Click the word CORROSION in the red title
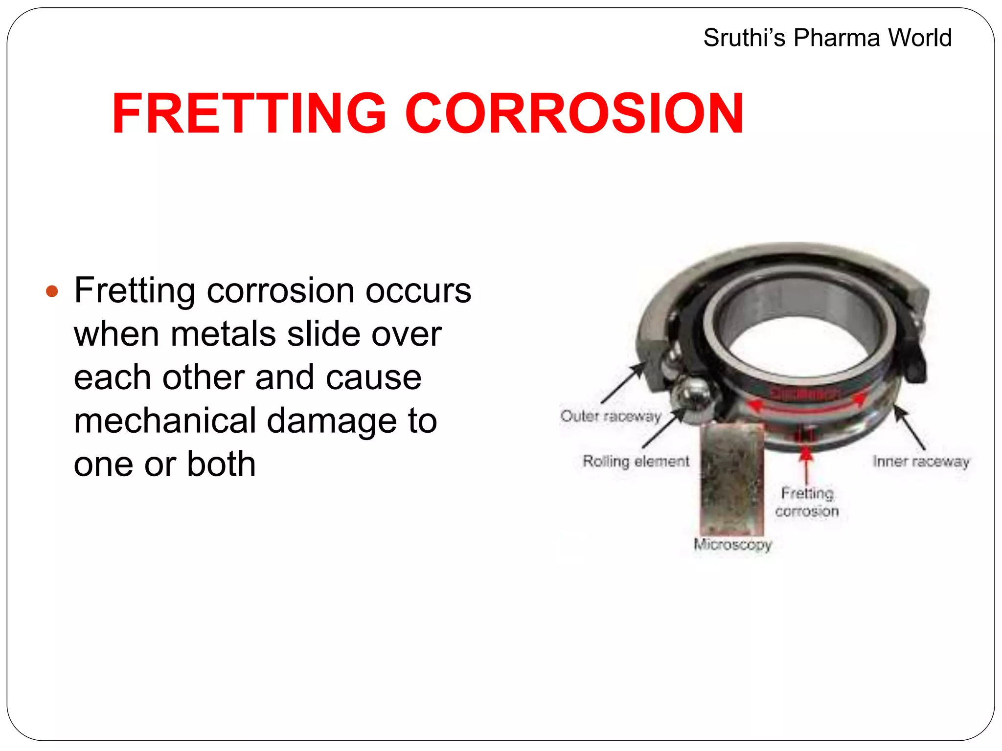pyautogui.click(x=574, y=113)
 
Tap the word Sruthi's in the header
pyautogui.click(x=744, y=38)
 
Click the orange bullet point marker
pyautogui.click(x=52, y=292)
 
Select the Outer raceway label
pyautogui.click(x=611, y=417)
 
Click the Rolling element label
pyautogui.click(x=636, y=461)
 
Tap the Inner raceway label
pyautogui.click(x=921, y=461)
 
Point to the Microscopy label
pyautogui.click(x=732, y=544)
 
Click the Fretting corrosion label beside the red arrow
pyautogui.click(x=807, y=502)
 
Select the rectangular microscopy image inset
pyautogui.click(x=732, y=479)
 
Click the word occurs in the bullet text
pyautogui.click(x=418, y=291)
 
